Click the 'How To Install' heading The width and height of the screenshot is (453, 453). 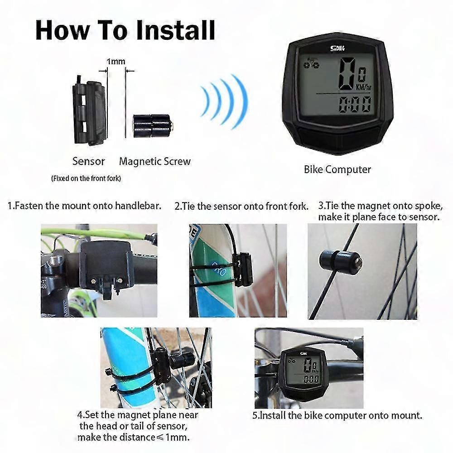125,30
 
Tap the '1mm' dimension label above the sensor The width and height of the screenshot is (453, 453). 116,62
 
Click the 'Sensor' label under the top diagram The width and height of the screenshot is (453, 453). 88,161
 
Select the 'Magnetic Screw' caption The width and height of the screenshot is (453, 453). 155,161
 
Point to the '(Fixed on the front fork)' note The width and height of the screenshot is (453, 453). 86,178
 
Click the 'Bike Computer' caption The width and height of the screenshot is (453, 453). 337,169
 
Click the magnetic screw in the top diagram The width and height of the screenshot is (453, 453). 153,126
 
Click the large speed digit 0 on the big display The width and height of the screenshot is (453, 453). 347,73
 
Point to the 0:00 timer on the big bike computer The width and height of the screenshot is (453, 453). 355,104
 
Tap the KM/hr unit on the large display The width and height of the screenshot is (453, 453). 363,87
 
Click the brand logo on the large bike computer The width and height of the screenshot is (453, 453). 337,48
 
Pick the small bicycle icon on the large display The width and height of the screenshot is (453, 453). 312,63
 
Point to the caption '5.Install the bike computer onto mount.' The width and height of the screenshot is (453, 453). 337,415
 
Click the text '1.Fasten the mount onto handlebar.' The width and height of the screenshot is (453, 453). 84,206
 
